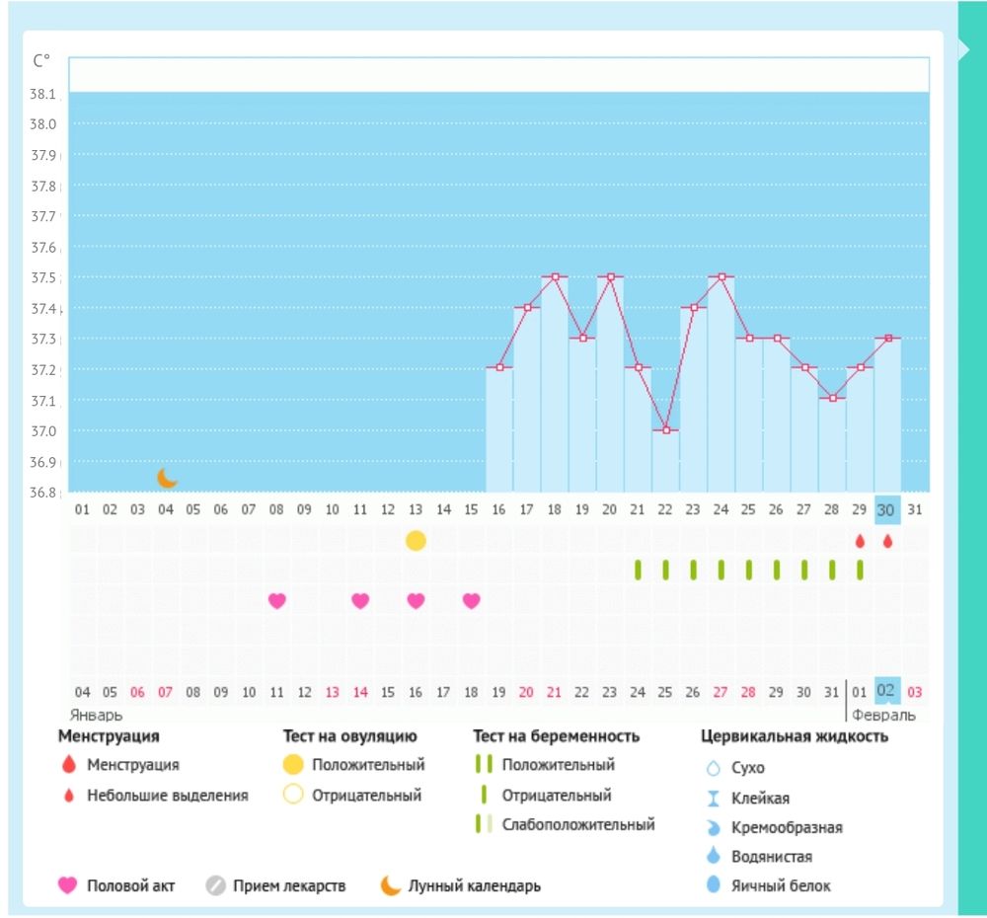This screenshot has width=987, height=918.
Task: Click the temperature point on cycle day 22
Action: click(x=666, y=430)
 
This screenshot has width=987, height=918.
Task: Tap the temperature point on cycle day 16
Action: click(x=499, y=367)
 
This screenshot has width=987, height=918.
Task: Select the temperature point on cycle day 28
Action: click(x=833, y=398)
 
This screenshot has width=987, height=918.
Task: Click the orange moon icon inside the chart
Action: click(x=168, y=478)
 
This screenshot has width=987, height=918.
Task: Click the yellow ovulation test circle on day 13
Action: click(x=416, y=541)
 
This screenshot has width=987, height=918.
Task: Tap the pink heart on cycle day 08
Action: click(x=277, y=600)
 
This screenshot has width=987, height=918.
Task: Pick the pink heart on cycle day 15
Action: click(x=472, y=600)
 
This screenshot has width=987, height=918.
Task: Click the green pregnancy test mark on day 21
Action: click(x=639, y=570)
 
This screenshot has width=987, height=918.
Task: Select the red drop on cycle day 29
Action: click(x=860, y=541)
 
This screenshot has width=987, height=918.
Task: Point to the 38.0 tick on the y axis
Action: click(x=44, y=124)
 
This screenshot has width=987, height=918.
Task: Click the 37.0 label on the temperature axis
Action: click(x=44, y=431)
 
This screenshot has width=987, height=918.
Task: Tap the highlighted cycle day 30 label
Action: click(x=886, y=509)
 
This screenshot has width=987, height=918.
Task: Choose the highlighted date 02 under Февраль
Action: click(x=886, y=691)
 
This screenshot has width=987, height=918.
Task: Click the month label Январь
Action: click(x=96, y=715)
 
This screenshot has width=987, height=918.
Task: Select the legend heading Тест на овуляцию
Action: click(x=350, y=736)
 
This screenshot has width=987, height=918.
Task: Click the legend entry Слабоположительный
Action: click(x=577, y=824)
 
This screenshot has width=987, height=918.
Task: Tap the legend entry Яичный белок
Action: click(x=781, y=885)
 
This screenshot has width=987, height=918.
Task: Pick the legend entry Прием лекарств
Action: click(x=289, y=885)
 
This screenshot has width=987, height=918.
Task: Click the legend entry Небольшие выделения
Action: click(x=167, y=796)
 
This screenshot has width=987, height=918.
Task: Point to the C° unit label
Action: click(x=41, y=60)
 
